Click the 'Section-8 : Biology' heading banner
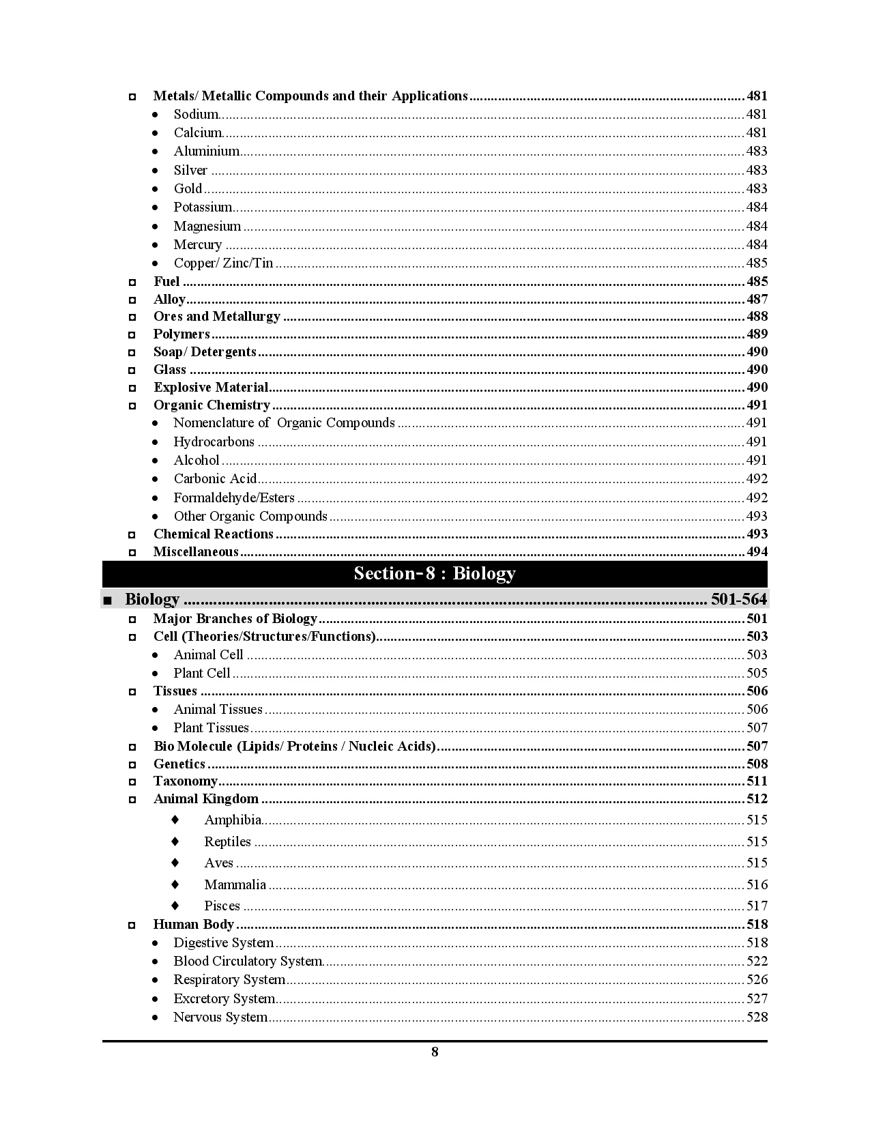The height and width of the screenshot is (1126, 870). [x=435, y=573]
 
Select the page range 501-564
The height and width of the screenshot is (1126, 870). [x=739, y=599]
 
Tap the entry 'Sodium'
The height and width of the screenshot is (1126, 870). [x=196, y=114]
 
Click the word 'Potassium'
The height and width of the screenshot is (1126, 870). [x=203, y=207]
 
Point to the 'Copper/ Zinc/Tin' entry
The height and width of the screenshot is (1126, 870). [x=223, y=263]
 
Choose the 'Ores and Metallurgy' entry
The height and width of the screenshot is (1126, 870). [x=217, y=316]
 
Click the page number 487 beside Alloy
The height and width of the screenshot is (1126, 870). [x=757, y=299]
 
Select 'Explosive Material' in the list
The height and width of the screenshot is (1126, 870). [x=211, y=387]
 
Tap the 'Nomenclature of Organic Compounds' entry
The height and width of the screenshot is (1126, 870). [x=284, y=422]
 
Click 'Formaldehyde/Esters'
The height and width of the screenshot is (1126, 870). [x=234, y=497]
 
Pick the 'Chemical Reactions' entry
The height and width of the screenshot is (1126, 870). [x=214, y=534]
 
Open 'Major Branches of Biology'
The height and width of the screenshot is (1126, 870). [x=235, y=618]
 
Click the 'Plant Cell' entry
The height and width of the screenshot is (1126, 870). [x=202, y=673]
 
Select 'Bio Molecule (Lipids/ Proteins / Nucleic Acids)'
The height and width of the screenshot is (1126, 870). [x=295, y=746]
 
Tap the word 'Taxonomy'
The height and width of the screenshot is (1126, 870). [x=186, y=781]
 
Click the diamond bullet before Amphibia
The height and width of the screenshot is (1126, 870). [x=175, y=819]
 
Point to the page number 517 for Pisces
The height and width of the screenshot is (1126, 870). [x=757, y=906]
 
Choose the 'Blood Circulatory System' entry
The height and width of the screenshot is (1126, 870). [x=248, y=961]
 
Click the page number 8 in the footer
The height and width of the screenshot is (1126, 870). [x=435, y=1052]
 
